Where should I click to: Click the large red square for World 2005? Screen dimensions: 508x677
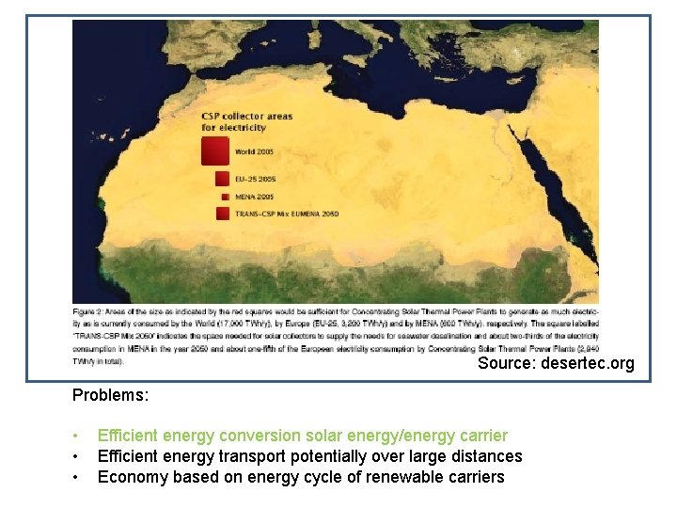coord(215,151)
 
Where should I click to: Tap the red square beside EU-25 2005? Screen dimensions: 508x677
coord(222,178)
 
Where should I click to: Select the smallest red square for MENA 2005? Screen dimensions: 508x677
coord(225,197)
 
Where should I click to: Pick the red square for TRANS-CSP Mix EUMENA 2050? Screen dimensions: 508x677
coord(223,214)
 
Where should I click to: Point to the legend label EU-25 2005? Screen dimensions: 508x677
coord(256,178)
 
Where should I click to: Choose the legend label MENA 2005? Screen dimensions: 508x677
coord(255,197)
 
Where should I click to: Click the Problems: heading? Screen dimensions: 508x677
coord(110,395)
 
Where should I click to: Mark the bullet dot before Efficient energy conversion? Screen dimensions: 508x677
coord(76,437)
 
